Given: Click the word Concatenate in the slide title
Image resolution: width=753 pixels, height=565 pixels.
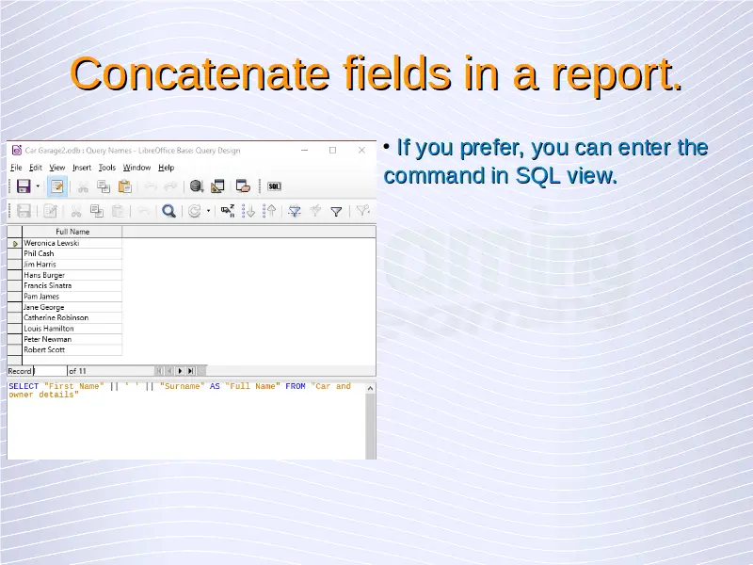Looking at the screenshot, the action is point(200,74).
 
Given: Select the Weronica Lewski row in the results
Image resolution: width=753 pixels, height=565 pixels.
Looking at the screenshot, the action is point(52,243).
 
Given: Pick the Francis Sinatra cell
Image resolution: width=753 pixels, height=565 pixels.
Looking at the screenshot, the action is point(48,285).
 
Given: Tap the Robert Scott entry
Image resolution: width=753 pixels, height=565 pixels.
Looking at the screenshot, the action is point(44,349).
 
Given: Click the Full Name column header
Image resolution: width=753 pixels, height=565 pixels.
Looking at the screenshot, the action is point(72,232).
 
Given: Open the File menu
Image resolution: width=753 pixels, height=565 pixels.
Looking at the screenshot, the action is point(16,168).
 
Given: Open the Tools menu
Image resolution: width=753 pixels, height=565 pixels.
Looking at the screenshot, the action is point(107,168).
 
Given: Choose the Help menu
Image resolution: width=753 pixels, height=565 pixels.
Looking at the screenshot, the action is point(167,168).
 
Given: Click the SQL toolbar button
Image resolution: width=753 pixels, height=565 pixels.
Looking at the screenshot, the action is point(274,186).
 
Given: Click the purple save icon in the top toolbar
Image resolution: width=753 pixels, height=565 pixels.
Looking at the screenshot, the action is point(24,186).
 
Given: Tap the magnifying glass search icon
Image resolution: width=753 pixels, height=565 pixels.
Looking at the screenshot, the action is point(168,211).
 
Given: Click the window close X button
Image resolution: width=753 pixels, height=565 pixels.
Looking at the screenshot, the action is point(361,151).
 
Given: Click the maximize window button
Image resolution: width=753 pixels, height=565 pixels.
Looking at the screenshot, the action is point(333,151).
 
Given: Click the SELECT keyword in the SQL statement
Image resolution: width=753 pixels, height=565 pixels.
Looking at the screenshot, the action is point(24,386).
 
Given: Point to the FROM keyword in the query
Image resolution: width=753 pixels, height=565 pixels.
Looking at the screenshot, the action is point(296,386).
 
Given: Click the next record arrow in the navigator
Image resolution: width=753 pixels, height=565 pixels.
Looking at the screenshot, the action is point(180,371).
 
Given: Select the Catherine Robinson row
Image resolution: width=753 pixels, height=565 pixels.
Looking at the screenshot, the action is point(56,317).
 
